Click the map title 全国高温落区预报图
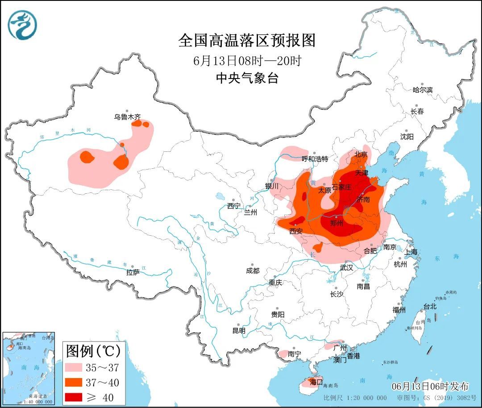[x=247, y=41]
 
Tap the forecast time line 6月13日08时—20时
[x=247, y=61]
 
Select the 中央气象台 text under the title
[x=247, y=79]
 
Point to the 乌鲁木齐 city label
[x=127, y=117]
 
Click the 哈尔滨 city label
[x=422, y=90]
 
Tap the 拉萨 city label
[x=133, y=272]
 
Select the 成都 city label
[x=252, y=271]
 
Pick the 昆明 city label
[x=239, y=331]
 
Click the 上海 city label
[x=411, y=252]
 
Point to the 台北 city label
[x=430, y=307]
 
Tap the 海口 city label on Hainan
[x=316, y=382]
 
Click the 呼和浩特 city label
[x=315, y=159]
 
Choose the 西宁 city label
[x=233, y=206]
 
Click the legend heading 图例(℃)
[x=93, y=351]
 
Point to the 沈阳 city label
[x=407, y=137]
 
